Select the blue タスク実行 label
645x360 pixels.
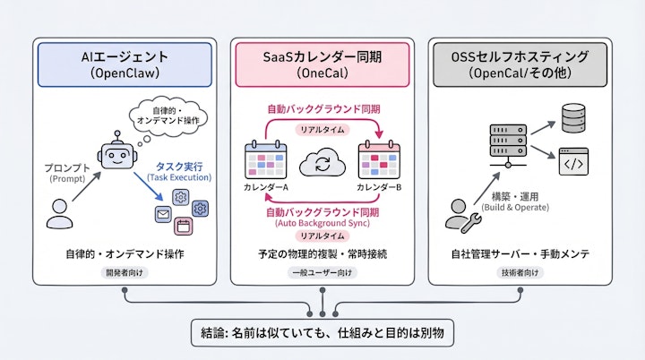click(x=180, y=167)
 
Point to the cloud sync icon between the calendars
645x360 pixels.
click(x=322, y=164)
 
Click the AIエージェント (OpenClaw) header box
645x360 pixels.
click(x=124, y=65)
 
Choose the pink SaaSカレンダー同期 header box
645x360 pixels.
click(x=322, y=65)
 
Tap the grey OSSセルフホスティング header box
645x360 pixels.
click(x=520, y=65)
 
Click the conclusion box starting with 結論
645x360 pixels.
click(x=322, y=334)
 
